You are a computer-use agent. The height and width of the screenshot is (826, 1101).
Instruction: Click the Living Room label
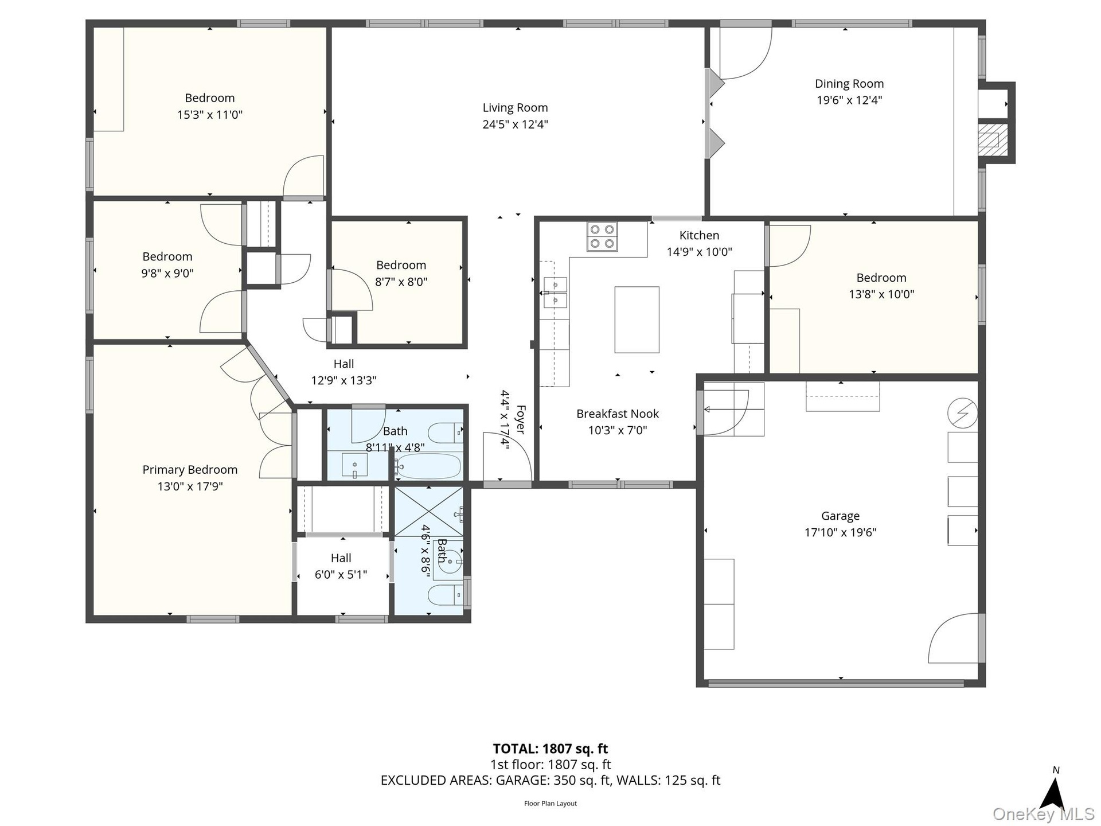(x=515, y=108)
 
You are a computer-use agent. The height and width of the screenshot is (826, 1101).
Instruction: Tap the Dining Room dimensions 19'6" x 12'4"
(x=849, y=100)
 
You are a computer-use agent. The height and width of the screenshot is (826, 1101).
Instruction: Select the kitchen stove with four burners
(x=602, y=236)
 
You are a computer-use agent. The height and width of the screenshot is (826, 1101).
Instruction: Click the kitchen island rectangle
(x=637, y=320)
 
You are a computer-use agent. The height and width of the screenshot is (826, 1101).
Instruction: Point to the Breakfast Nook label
(x=618, y=414)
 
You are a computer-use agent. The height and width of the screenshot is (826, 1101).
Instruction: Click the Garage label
(x=840, y=516)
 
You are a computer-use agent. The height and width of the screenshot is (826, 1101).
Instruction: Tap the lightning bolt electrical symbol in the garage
(x=963, y=413)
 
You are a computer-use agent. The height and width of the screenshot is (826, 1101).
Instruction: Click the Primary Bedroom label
(x=190, y=470)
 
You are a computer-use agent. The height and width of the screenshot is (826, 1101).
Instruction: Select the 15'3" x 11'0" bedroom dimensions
(x=210, y=115)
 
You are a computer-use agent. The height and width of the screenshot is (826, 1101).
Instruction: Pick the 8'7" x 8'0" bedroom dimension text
(x=401, y=282)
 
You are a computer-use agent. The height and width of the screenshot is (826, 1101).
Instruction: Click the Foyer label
(x=521, y=419)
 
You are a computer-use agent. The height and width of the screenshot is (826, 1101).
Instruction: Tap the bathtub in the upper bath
(x=428, y=466)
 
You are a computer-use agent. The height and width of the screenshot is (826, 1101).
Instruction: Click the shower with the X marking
(x=428, y=511)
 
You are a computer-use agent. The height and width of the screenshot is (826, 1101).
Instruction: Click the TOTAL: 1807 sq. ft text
(x=550, y=749)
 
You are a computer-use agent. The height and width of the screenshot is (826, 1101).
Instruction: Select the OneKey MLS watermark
(x=1044, y=814)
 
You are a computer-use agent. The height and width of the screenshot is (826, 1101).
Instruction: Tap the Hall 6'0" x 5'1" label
(x=341, y=566)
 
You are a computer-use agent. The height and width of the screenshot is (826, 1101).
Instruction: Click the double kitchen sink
(x=554, y=293)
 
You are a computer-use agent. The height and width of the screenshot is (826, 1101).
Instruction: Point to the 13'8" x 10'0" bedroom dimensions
(x=881, y=294)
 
